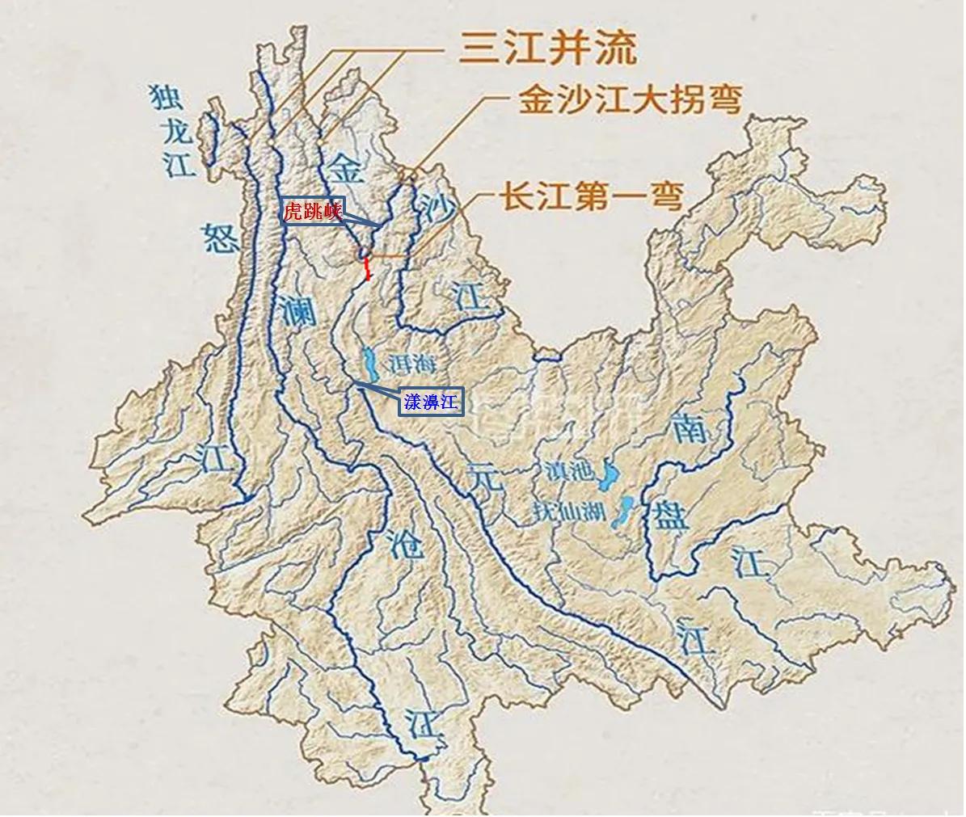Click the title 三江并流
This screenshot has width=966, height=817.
546,48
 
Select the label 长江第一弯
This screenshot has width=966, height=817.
593,197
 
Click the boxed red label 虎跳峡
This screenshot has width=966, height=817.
312,212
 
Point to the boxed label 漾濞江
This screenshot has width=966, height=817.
432,402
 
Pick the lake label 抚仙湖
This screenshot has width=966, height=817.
570,512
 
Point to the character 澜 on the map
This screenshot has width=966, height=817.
298,309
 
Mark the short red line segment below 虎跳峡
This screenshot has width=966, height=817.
367,270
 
